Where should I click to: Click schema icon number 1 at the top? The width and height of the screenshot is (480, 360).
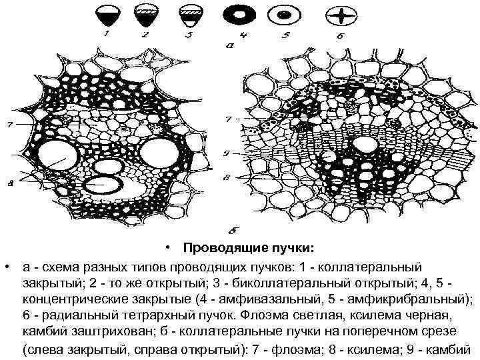(106, 13)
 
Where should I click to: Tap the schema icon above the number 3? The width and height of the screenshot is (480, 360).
(188, 13)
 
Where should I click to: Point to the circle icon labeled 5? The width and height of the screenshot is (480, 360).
(285, 13)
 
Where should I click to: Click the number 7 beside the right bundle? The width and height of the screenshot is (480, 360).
(228, 121)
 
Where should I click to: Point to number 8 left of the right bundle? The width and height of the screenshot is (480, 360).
(228, 178)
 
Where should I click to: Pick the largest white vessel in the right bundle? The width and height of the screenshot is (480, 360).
(363, 145)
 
